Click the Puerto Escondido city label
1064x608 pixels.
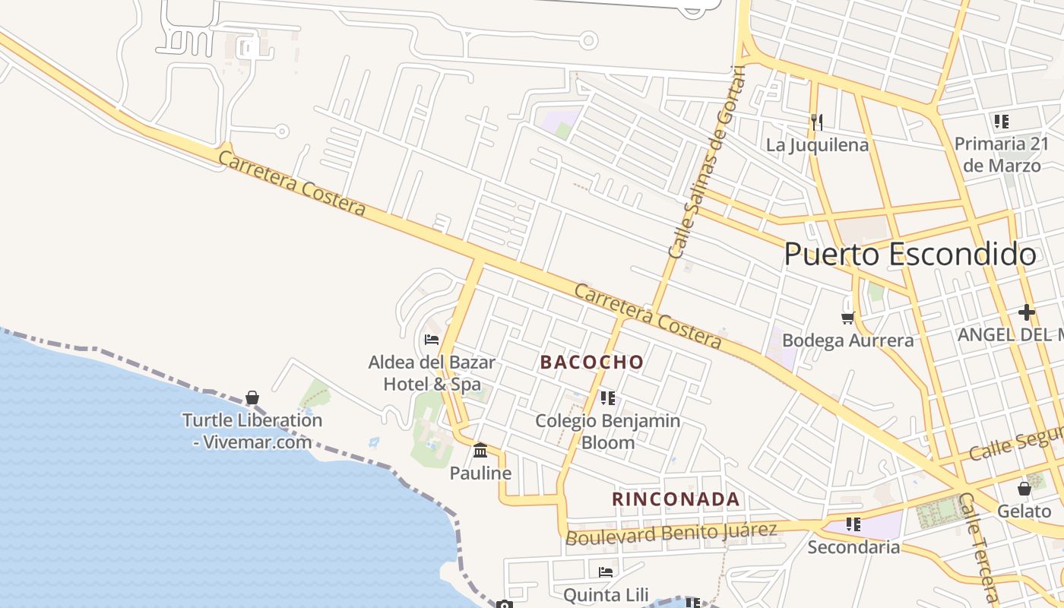(x=909, y=255)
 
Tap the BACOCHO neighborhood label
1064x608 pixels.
(x=592, y=363)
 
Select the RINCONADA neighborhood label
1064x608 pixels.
(x=676, y=499)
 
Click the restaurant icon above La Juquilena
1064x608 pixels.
(x=817, y=122)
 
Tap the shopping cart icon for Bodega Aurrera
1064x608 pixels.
(x=847, y=317)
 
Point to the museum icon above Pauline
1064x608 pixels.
(x=480, y=451)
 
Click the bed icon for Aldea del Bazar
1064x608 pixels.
(x=432, y=339)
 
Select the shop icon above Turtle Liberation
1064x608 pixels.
(x=252, y=397)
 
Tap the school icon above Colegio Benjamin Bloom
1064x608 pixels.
(x=607, y=397)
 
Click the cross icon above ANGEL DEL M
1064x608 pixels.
(x=1027, y=312)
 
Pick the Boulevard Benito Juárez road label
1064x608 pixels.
(x=672, y=533)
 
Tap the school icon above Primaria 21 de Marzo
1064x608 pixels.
(x=1001, y=121)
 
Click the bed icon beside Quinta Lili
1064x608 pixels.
(x=606, y=572)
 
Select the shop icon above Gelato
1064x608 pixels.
(x=1024, y=489)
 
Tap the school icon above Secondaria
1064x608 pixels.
(x=853, y=524)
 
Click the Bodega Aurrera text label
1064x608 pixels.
(x=847, y=340)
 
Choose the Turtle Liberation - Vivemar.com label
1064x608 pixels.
(x=252, y=431)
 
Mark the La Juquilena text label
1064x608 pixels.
(x=817, y=144)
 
